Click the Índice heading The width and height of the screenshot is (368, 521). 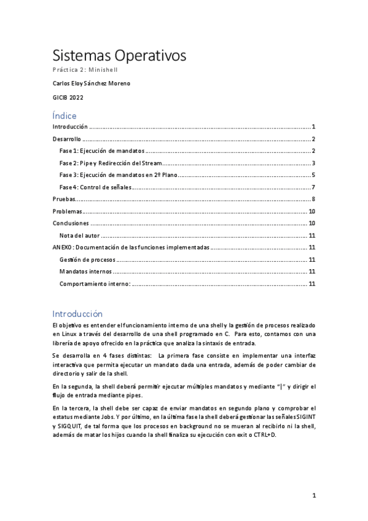[65, 115]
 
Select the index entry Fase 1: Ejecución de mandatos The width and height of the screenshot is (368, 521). [102, 151]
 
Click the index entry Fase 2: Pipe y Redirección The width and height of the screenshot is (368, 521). [111, 163]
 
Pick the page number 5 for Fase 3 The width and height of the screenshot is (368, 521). [313, 175]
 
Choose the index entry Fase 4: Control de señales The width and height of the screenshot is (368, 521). [95, 187]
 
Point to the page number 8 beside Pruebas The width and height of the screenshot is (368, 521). [313, 199]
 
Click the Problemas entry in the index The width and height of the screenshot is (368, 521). [68, 211]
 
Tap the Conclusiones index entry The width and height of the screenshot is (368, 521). [71, 223]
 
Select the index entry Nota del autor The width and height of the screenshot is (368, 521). [79, 235]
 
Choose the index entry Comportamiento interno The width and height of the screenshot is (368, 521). [95, 283]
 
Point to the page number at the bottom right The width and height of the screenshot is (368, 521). [313, 495]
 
